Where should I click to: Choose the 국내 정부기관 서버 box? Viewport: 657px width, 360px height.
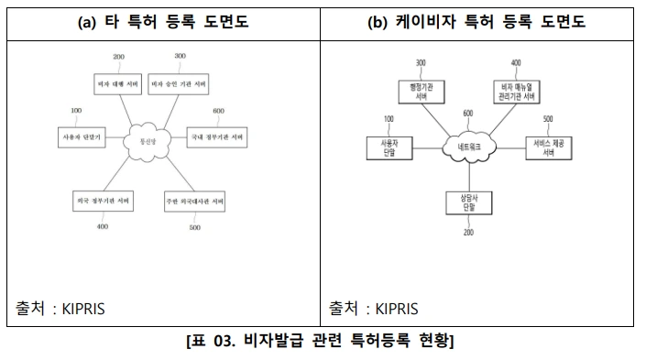point(217,138)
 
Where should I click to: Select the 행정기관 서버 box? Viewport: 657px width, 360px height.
point(420,91)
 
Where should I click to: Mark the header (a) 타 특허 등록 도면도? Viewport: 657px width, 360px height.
point(163,22)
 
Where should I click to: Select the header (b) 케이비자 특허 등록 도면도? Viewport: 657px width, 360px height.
point(487,22)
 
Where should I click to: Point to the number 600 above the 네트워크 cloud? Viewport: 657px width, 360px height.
point(468,113)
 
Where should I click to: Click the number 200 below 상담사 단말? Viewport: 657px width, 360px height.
point(468,234)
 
